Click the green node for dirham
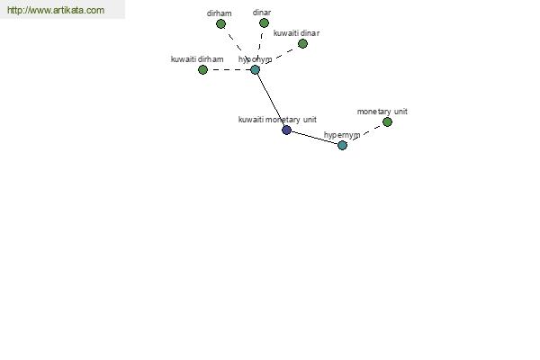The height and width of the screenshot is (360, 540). click(x=220, y=23)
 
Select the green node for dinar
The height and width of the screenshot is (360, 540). click(x=264, y=23)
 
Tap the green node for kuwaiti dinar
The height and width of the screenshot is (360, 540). click(x=302, y=44)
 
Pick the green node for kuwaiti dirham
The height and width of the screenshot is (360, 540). click(x=202, y=70)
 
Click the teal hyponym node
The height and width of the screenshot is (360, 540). click(x=255, y=70)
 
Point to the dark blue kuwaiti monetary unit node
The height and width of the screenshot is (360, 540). click(x=286, y=130)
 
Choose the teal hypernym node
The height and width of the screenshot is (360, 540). click(x=342, y=146)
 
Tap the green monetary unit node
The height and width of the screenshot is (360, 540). click(x=387, y=122)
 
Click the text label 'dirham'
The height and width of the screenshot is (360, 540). click(x=219, y=13)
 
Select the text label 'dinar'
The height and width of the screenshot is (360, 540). click(x=262, y=13)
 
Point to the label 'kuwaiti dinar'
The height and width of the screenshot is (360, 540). click(x=296, y=33)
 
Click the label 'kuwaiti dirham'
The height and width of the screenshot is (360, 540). click(x=197, y=59)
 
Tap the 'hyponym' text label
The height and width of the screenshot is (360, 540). click(x=256, y=59)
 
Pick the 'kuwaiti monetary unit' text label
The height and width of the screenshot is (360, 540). click(x=277, y=120)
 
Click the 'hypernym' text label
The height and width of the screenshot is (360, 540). click(x=342, y=135)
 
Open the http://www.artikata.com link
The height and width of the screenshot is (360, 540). click(x=56, y=10)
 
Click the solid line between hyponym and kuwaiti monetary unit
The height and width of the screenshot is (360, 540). click(x=271, y=100)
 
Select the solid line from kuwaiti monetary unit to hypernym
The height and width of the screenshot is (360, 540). click(x=314, y=138)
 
